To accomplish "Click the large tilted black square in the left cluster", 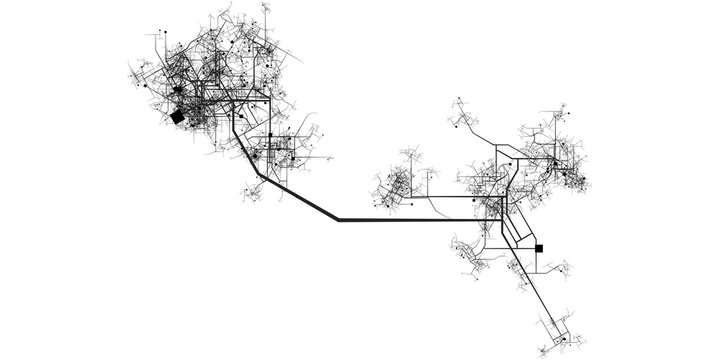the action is click(177, 117).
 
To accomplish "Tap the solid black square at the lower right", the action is click(540, 248).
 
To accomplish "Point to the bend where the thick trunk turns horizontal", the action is click(339, 218).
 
